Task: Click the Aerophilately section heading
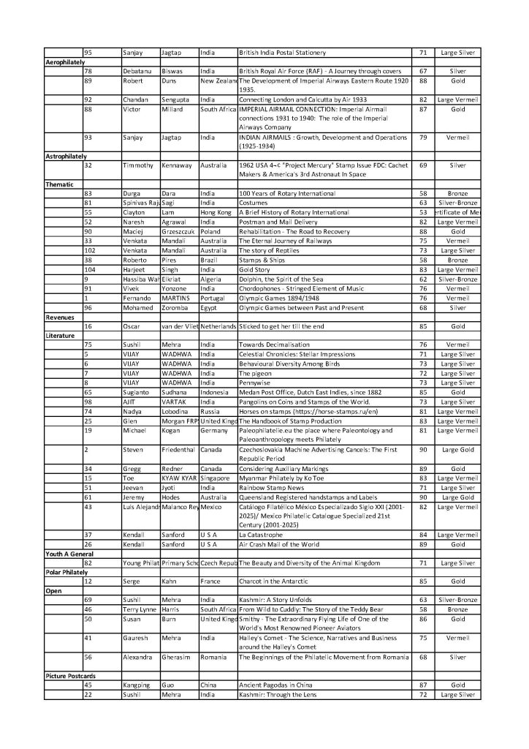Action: [64, 62]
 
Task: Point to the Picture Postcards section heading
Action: [70, 676]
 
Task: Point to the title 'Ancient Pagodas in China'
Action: [274, 685]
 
